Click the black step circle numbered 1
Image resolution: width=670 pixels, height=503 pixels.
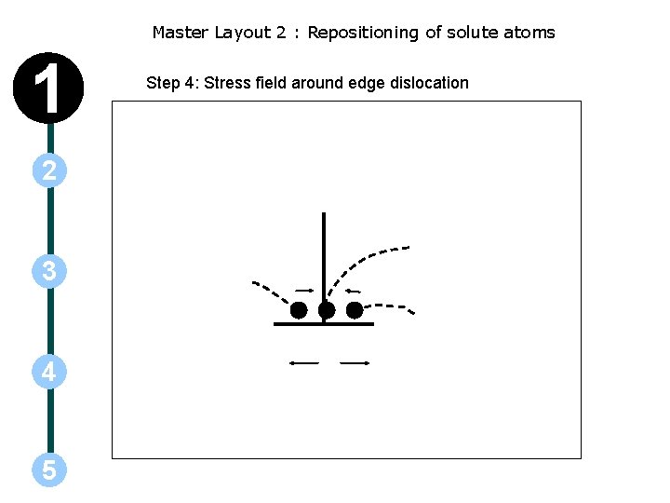48,88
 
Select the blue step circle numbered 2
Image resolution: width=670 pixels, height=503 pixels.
48,170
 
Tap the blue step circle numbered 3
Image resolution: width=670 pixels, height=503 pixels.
48,271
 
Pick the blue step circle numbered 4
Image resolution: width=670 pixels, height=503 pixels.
48,373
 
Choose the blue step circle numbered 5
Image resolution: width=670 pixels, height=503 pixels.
48,470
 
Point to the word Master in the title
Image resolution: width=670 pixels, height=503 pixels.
181,33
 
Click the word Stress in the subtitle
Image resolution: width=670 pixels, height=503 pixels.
227,83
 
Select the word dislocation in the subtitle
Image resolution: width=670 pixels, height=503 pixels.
430,83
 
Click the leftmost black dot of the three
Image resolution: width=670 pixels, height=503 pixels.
299,310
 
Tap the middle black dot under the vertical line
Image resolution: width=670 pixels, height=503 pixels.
326,310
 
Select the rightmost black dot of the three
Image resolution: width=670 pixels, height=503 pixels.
355,310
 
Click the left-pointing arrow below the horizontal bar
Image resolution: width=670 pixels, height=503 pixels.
303,362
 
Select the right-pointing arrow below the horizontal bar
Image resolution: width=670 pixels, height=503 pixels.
355,363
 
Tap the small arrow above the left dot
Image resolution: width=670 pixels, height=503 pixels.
304,291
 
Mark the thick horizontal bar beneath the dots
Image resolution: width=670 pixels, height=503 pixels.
324,324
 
